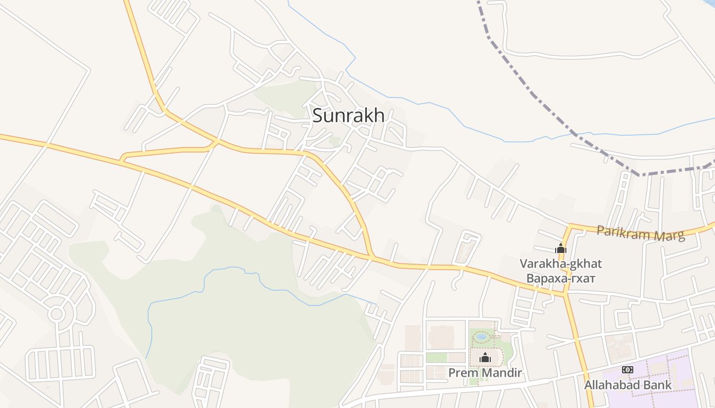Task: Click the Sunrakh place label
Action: coord(348,116)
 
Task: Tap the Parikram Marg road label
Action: coord(640,234)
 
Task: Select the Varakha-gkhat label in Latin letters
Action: coord(561,264)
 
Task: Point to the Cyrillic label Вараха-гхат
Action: coord(561,278)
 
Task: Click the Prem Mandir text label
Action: coord(485,373)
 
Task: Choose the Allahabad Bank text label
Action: coord(628,385)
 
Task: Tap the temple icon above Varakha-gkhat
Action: coord(561,249)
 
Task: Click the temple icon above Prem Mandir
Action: coord(485,358)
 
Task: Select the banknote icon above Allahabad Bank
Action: coord(627,370)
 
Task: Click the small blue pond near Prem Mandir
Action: coord(481,337)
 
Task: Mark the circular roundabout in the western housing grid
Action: coord(56,313)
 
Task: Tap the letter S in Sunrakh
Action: coord(318,116)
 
